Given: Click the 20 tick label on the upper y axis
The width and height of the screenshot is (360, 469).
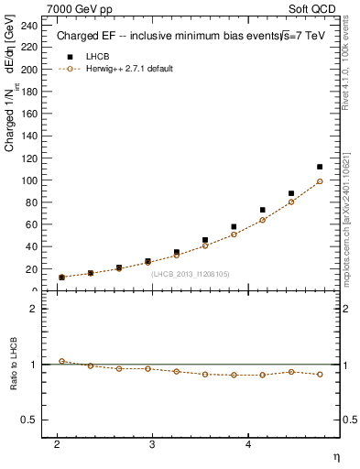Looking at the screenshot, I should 32,269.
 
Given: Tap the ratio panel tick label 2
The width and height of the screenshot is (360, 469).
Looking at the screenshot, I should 35,310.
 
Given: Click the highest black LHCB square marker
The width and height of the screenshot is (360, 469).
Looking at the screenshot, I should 320,167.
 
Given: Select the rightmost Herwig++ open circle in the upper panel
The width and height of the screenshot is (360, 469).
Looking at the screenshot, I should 320,181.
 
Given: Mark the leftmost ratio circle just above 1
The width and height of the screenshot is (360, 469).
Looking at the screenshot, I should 61,361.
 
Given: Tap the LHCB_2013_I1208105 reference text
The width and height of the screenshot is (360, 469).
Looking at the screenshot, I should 191,273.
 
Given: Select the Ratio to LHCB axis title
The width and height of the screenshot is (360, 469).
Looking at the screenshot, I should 11,365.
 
